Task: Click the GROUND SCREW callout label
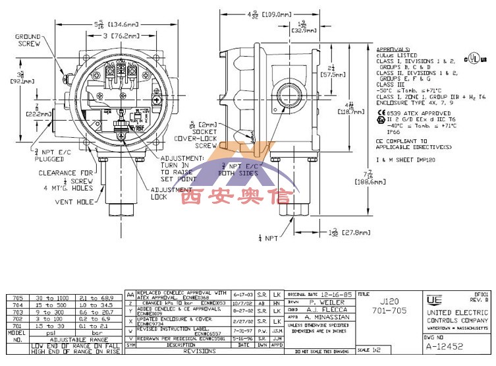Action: click(x=28, y=40)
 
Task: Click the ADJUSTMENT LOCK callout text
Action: click(x=163, y=193)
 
